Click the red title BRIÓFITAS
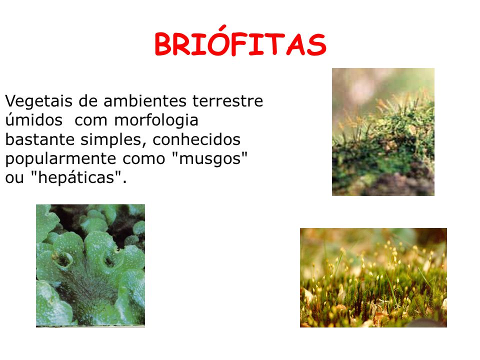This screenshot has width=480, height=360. (x=240, y=45)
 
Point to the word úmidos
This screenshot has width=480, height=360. (x=34, y=120)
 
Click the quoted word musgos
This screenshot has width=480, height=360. (x=210, y=158)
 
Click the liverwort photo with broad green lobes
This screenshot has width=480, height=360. (x=90, y=265)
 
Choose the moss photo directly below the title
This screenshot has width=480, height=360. (x=383, y=131)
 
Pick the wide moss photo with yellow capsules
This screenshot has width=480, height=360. (x=373, y=277)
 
